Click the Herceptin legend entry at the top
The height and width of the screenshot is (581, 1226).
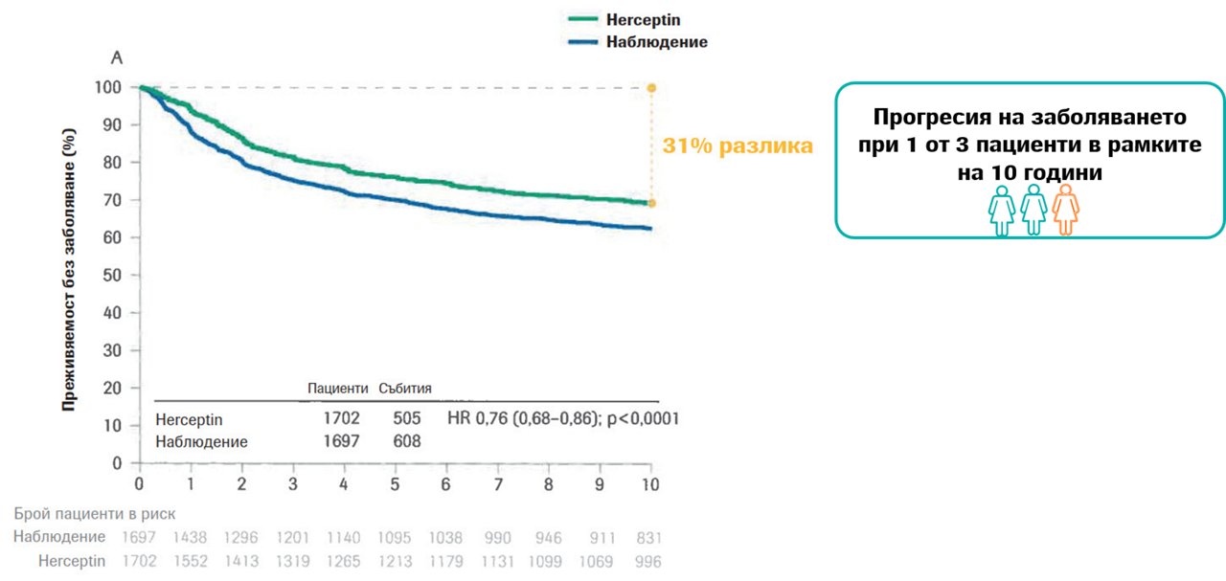pos(624,20)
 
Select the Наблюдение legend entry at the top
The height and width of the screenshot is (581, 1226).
pos(638,42)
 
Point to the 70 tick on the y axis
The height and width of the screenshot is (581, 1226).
pos(112,200)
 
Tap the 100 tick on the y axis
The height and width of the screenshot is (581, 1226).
pos(108,87)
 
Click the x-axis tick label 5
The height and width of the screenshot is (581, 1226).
pos(395,484)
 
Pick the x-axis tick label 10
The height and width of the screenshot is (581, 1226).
pos(650,484)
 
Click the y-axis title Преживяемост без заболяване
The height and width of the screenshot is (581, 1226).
pos(68,270)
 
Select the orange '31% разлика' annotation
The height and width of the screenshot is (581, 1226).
pos(738,146)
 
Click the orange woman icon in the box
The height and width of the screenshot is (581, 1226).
pos(1066,210)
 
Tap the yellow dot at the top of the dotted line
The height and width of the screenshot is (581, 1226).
pos(651,88)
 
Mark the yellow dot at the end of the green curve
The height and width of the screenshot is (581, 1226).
pos(651,204)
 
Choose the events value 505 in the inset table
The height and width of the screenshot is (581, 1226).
pos(407,418)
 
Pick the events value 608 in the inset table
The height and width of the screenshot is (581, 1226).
pos(407,441)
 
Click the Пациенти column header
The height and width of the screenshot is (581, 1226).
pos(338,389)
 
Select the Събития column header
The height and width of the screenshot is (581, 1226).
pos(405,389)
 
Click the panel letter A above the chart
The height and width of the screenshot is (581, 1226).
pos(117,58)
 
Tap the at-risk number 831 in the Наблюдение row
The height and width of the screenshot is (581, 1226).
pos(649,538)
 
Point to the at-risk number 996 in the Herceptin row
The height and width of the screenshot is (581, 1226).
pos(648,562)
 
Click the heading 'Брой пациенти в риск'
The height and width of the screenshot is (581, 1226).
pos(95,514)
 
